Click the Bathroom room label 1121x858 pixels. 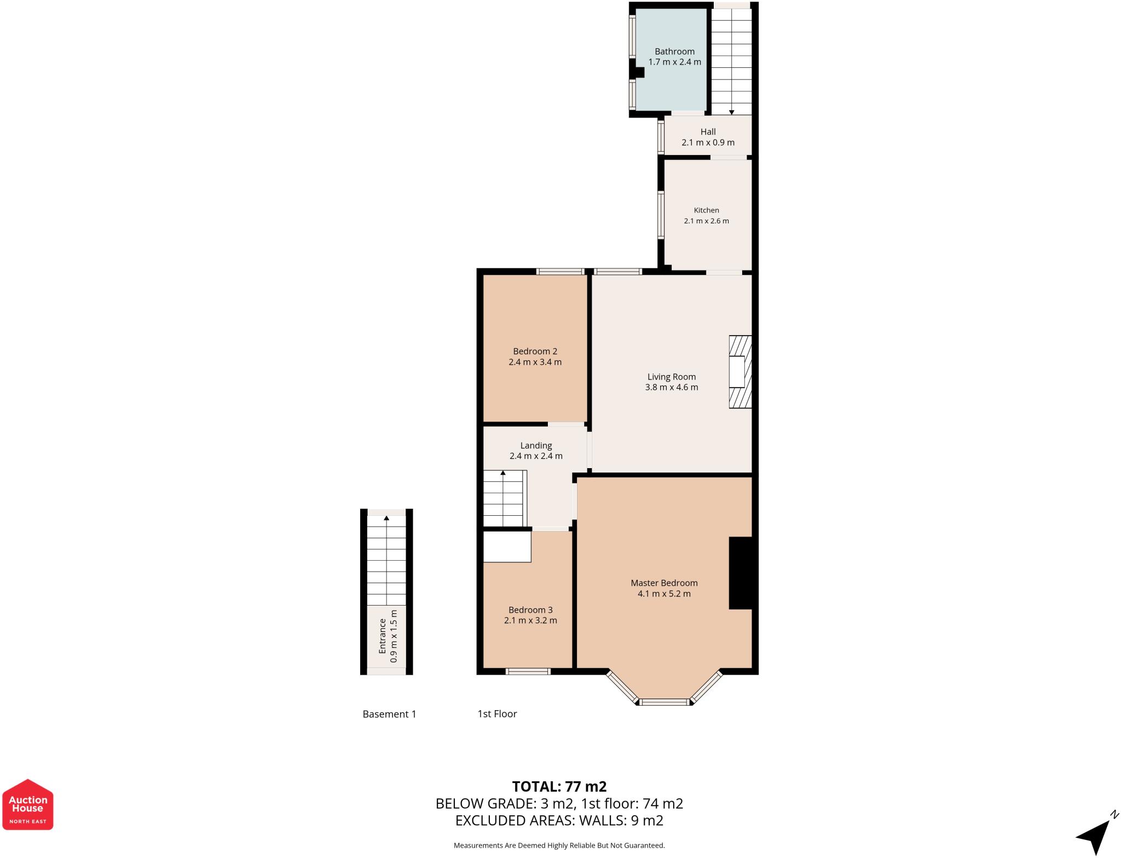674,51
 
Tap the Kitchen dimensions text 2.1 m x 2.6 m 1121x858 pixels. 706,221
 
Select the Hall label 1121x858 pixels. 708,132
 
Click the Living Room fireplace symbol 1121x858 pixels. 739,372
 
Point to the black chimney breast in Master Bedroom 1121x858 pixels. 742,573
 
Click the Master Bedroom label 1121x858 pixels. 664,583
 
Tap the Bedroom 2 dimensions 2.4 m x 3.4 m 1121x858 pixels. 535,362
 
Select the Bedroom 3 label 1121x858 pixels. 530,610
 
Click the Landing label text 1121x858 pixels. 536,446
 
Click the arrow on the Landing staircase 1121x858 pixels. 503,473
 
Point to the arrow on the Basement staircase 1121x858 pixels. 386,517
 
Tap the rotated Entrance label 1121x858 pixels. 383,636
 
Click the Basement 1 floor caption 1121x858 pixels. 389,714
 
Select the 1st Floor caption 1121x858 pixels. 497,714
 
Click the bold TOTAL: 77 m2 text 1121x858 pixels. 559,786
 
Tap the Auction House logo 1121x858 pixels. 28,804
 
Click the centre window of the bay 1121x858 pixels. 664,702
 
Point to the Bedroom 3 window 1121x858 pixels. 528,671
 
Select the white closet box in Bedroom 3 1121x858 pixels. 507,547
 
